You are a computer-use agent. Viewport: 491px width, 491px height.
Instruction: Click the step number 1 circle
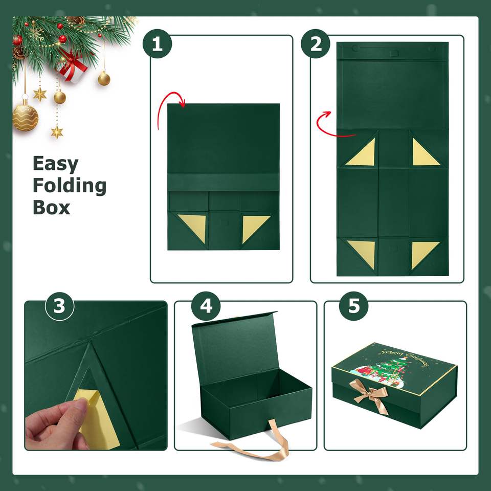coord(157,44)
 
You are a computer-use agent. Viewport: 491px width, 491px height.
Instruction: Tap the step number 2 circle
coord(316,44)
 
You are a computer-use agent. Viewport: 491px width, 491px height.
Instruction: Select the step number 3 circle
coord(59,306)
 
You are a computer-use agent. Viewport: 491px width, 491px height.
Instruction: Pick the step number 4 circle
coord(206,306)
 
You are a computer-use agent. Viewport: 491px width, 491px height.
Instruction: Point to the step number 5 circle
coord(354,306)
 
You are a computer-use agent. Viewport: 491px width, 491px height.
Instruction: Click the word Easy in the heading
coord(55,164)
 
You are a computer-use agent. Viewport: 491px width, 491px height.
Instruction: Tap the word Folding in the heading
coord(70,186)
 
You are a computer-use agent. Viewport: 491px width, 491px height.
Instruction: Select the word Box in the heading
coord(51,208)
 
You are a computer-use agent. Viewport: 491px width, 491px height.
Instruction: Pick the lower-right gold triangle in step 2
coord(423,253)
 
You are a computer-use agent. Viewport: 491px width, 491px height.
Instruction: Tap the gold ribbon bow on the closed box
coord(371,395)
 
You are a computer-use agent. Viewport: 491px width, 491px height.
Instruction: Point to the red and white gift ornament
coord(73,66)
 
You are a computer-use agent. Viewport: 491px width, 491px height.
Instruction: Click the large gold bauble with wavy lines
coord(26,118)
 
